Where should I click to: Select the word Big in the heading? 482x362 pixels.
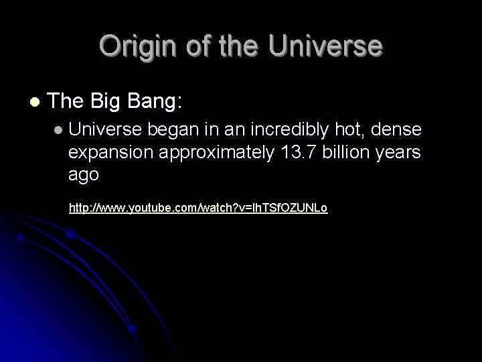pos(110,102)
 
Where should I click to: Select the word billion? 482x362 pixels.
pos(349,153)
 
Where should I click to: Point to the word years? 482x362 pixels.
pos(400,153)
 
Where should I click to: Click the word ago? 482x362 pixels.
pos(84,175)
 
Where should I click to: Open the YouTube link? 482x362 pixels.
pos(198,208)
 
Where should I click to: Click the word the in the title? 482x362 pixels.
pos(228,46)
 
